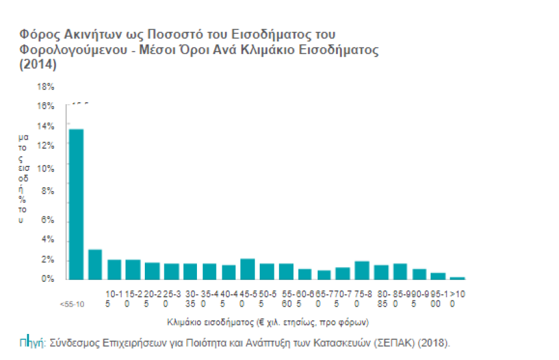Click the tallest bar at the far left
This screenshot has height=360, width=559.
point(76,204)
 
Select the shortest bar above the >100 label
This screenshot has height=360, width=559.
point(457,277)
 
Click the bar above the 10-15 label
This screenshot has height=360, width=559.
point(114,270)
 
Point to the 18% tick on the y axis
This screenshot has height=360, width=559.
point(46,86)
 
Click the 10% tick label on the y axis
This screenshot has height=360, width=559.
point(46,169)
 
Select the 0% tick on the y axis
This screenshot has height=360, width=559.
point(48,279)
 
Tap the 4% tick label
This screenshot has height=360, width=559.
point(48,240)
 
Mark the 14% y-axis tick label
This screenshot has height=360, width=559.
point(46,126)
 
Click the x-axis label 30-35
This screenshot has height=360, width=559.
point(190,298)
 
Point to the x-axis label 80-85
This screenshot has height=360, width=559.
point(381,298)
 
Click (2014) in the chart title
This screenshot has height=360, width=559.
point(37,65)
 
